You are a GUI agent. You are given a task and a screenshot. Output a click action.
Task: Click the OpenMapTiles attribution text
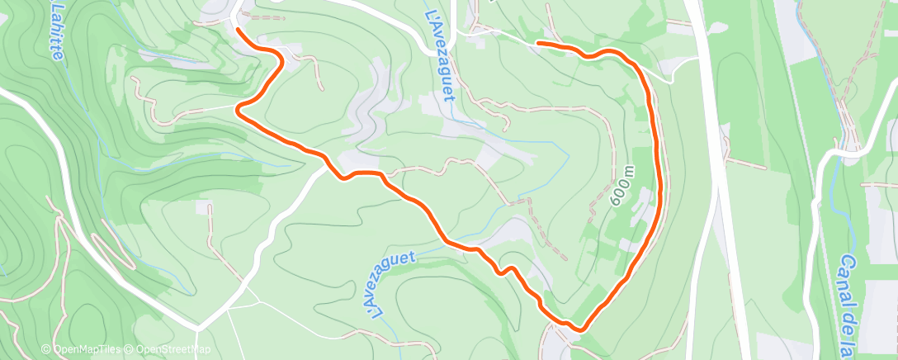tap(90, 350)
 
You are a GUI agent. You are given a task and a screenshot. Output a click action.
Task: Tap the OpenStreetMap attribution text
tap(173, 350)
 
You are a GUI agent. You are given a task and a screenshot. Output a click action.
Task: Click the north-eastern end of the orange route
tap(538, 41)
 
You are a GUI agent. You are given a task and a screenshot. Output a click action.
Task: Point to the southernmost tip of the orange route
tap(580, 329)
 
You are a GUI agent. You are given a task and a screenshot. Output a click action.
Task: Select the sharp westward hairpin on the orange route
tap(239, 108)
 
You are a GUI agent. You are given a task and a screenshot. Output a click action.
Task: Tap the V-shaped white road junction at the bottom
tap(198, 329)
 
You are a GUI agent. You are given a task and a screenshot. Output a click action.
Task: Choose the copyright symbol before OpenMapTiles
tap(47, 350)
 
